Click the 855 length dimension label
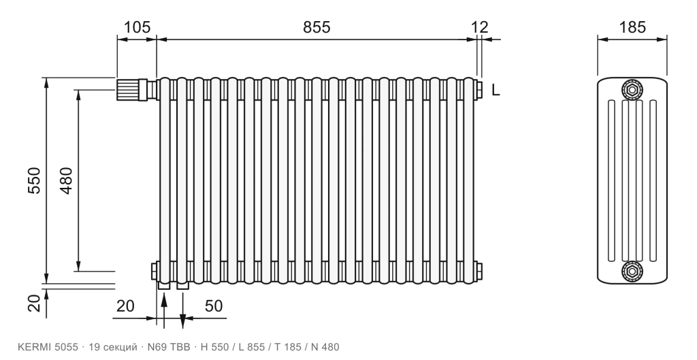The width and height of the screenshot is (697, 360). [317, 27]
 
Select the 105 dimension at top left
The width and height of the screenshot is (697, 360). [137, 27]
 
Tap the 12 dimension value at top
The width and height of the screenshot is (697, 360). [479, 27]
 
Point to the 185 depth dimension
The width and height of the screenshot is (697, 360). [632, 27]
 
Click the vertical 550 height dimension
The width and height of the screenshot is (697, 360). [34, 180]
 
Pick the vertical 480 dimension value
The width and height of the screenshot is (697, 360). [66, 180]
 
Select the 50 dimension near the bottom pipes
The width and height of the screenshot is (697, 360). [213, 306]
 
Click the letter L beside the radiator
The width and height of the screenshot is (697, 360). [496, 91]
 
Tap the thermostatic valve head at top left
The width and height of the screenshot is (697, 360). [127, 89]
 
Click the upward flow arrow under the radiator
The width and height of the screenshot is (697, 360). [164, 311]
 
